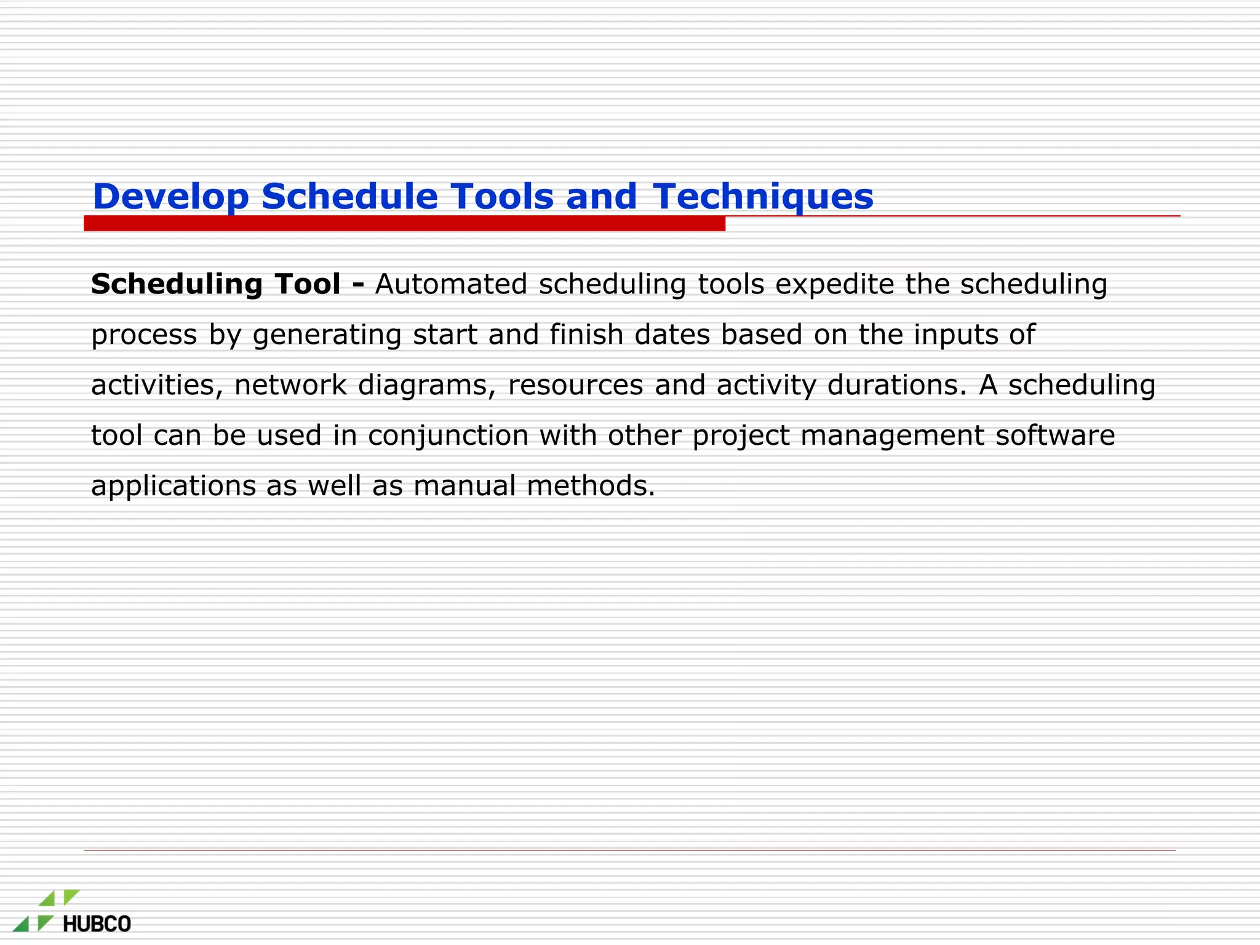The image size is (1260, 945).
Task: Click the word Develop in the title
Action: [170, 197]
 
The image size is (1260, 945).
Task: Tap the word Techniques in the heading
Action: [763, 197]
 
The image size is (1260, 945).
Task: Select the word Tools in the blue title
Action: [502, 197]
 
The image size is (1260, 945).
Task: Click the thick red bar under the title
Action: [404, 224]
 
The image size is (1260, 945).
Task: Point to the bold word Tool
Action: [308, 284]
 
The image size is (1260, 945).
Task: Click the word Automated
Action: [451, 284]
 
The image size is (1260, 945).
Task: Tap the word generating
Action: [327, 335]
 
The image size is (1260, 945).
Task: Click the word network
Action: [290, 385]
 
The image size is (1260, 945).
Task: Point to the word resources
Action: [575, 385]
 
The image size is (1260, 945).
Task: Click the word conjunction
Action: [448, 436]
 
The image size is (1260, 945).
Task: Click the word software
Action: [1055, 436]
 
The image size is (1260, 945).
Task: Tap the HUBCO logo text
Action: [97, 924]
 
